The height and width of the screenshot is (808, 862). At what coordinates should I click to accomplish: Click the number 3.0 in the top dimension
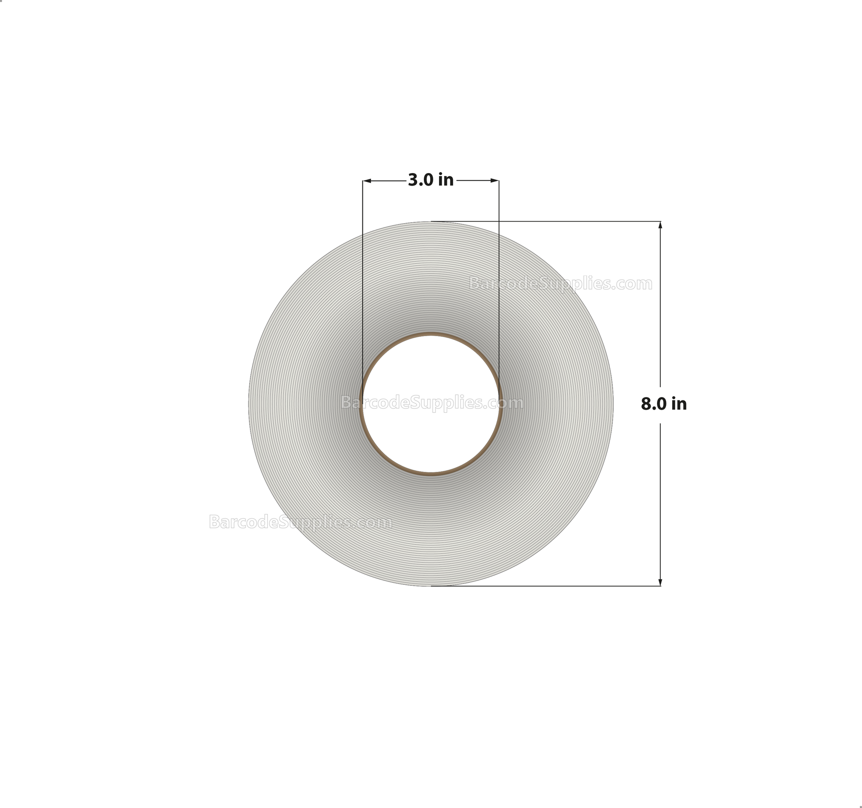tap(421, 180)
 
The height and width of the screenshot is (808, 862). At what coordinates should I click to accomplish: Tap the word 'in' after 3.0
tap(446, 180)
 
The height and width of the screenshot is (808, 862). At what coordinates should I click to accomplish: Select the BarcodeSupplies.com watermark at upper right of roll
tap(561, 284)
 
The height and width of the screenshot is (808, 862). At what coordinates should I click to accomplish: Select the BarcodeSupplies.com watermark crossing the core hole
tap(432, 403)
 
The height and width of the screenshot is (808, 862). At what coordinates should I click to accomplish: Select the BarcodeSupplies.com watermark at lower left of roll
tap(301, 522)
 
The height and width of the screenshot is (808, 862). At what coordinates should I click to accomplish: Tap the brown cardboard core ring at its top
tap(431, 334)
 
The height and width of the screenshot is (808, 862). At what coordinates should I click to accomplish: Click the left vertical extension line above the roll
tap(363, 204)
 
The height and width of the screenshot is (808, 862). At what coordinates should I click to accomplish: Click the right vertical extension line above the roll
tap(499, 204)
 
